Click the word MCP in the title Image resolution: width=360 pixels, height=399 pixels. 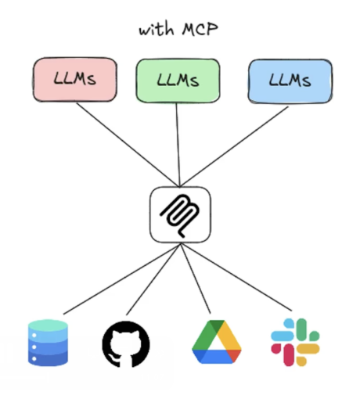[200, 29]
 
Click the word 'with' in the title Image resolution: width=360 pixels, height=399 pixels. [157, 30]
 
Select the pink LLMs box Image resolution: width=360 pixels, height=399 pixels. [75, 79]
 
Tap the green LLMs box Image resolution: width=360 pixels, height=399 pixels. [178, 81]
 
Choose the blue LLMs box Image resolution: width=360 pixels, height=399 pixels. [290, 81]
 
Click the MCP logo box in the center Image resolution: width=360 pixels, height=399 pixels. [180, 214]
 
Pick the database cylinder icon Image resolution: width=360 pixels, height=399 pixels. [48, 343]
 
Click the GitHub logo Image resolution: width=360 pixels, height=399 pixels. [126, 344]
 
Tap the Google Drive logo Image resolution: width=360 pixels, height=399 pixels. [217, 342]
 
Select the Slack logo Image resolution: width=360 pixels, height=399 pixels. [295, 342]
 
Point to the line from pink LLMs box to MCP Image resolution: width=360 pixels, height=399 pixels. [128, 145]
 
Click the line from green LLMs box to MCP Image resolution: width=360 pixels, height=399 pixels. [178, 145]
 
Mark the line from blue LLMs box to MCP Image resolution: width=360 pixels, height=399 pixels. [234, 146]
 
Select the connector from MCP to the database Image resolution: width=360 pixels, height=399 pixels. [122, 279]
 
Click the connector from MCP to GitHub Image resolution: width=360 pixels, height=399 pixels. [153, 279]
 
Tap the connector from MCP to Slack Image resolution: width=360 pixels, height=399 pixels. [236, 277]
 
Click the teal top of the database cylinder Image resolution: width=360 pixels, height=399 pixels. [48, 325]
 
